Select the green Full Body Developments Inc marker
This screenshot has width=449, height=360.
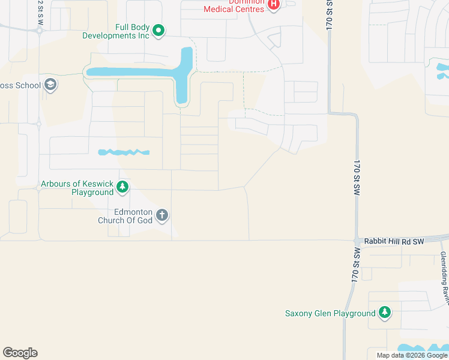coord(158,29)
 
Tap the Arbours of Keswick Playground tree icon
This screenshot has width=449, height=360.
coord(122,187)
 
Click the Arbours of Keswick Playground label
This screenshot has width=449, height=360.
coord(76,188)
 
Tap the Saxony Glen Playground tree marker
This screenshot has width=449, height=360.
coord(385,313)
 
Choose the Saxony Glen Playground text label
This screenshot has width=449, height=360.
coord(330,313)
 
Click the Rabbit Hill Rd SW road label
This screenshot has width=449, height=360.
coord(393,241)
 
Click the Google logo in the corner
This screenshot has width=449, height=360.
coord(20,353)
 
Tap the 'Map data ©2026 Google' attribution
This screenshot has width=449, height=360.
coord(411,355)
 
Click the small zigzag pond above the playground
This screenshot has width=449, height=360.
coord(123,152)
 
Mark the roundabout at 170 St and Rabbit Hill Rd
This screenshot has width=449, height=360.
coord(357,241)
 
